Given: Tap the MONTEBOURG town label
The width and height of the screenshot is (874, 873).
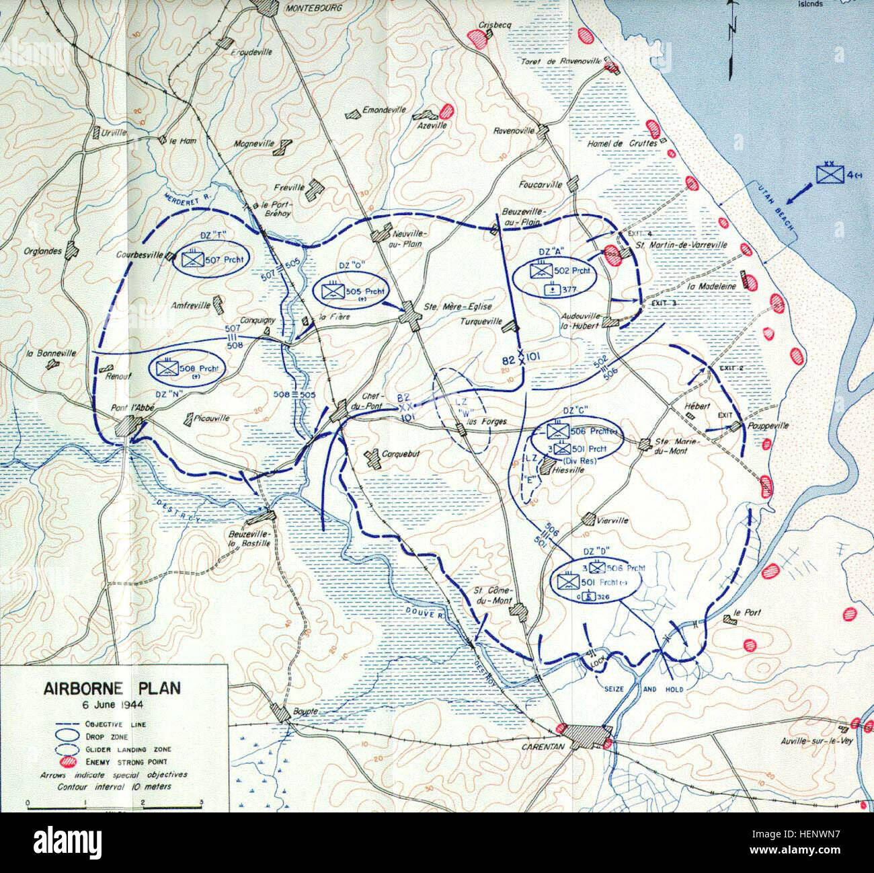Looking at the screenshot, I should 314,8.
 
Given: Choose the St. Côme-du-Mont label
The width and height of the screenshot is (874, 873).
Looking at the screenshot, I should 491,596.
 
